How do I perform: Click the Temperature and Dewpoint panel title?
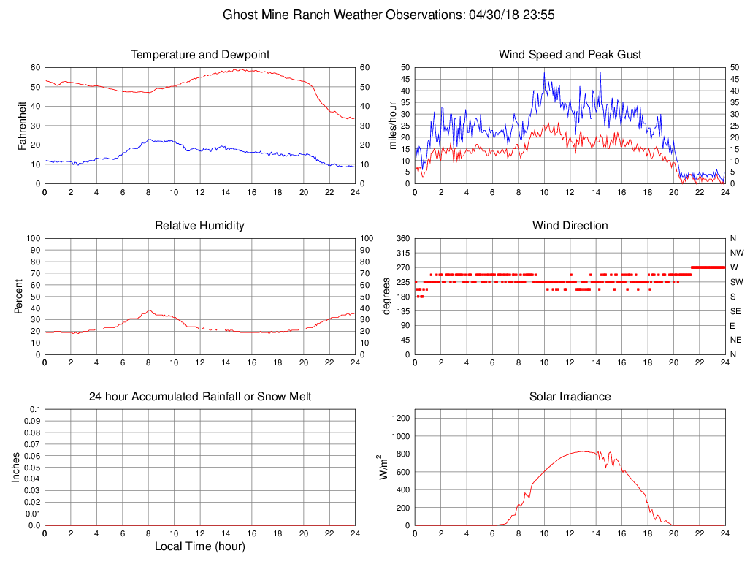(x=199, y=55)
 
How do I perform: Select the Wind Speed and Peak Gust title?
(x=570, y=55)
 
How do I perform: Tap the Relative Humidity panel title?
(x=199, y=226)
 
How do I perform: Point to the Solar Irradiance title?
(x=570, y=397)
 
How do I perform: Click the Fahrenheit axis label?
(x=22, y=126)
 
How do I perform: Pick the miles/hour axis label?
(x=392, y=126)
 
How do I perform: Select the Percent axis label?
(x=18, y=297)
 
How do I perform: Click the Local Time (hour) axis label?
(x=199, y=546)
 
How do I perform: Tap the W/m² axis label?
(x=383, y=468)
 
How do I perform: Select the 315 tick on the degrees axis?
(x=402, y=253)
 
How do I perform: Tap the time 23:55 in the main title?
(x=539, y=15)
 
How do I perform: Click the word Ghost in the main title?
(x=239, y=15)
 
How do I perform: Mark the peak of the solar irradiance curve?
(x=583, y=451)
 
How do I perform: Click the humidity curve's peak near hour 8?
(x=149, y=310)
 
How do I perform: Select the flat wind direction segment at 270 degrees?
(x=708, y=267)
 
